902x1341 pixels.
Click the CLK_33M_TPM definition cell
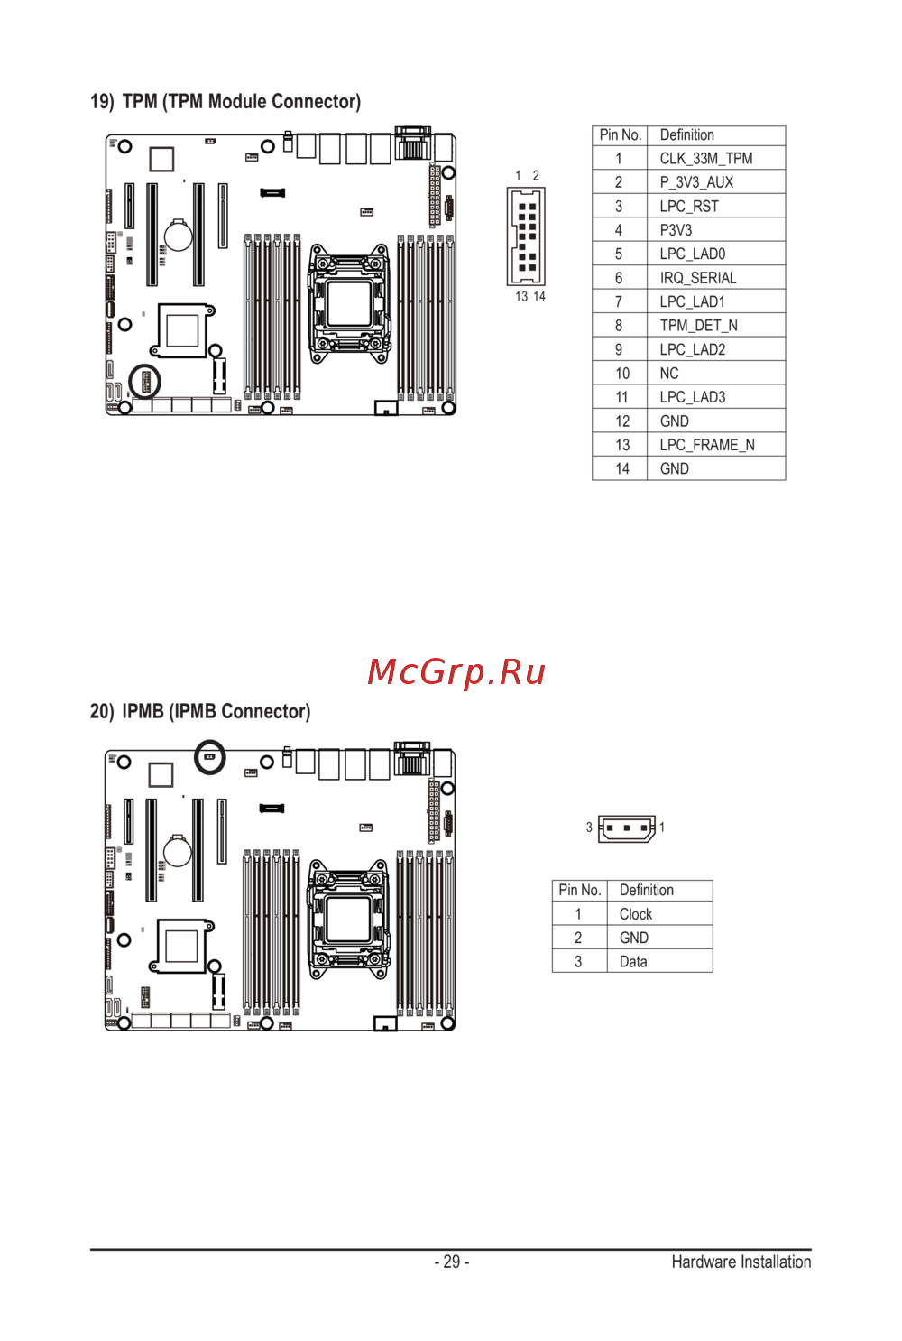[x=705, y=158]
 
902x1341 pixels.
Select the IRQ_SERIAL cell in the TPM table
[x=698, y=278]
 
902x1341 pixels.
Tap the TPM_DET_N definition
[x=698, y=326]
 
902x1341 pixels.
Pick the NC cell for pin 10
[x=669, y=374]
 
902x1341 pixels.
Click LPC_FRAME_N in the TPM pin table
[x=707, y=445]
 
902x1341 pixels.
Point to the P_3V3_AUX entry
[x=696, y=182]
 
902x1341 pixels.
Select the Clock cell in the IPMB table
[x=636, y=914]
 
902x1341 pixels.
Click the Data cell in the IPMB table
[x=633, y=961]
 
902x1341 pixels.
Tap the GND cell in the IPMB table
[x=634, y=938]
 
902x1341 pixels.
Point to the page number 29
[x=452, y=1262]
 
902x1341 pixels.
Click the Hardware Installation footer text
[x=741, y=1262]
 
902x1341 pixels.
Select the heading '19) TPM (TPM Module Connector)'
[x=225, y=102]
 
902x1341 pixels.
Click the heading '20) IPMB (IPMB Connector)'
[x=200, y=711]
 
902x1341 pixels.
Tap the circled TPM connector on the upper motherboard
[x=145, y=382]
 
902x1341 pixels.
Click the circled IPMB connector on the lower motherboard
[x=210, y=757]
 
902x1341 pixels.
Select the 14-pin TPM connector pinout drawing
[x=526, y=236]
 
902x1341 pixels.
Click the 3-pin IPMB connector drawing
[x=627, y=828]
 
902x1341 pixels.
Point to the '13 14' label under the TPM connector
[x=530, y=296]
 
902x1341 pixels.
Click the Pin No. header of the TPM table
[x=620, y=135]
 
